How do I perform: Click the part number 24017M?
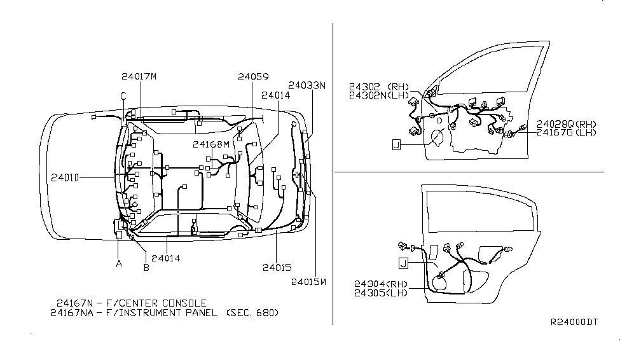click(x=139, y=76)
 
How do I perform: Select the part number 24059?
click(x=253, y=77)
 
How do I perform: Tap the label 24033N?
click(x=307, y=85)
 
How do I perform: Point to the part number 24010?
click(x=65, y=178)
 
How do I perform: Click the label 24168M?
click(x=211, y=144)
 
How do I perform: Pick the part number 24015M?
click(x=309, y=282)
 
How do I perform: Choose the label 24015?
click(x=277, y=268)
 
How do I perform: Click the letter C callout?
click(x=123, y=96)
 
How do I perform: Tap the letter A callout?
click(x=119, y=264)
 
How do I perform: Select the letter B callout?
click(x=146, y=268)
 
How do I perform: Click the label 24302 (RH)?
click(x=379, y=87)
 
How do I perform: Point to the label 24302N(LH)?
click(x=379, y=95)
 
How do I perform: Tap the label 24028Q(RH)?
click(x=567, y=124)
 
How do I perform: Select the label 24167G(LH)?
click(x=567, y=132)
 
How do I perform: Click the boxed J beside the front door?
click(x=397, y=145)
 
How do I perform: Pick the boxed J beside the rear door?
click(x=403, y=263)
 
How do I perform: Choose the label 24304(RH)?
click(x=381, y=284)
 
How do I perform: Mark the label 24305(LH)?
click(x=381, y=293)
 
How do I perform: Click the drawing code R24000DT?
click(x=574, y=322)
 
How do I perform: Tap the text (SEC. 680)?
click(x=252, y=313)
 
